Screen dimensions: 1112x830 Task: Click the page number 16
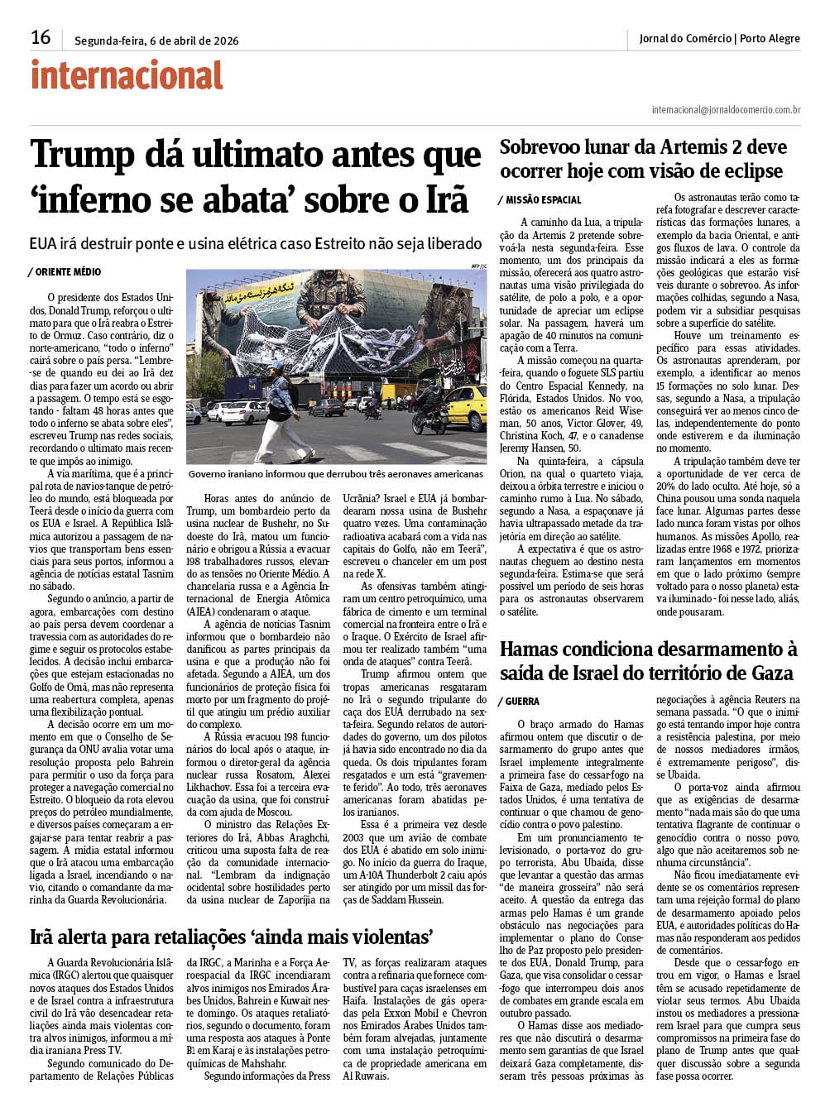coord(41,37)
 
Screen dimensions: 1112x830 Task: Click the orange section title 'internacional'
coord(127,76)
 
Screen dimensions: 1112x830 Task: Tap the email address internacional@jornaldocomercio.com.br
coord(726,109)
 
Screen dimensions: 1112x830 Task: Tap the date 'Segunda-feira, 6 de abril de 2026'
coord(156,41)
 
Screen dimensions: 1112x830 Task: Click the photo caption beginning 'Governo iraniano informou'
coord(335,474)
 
